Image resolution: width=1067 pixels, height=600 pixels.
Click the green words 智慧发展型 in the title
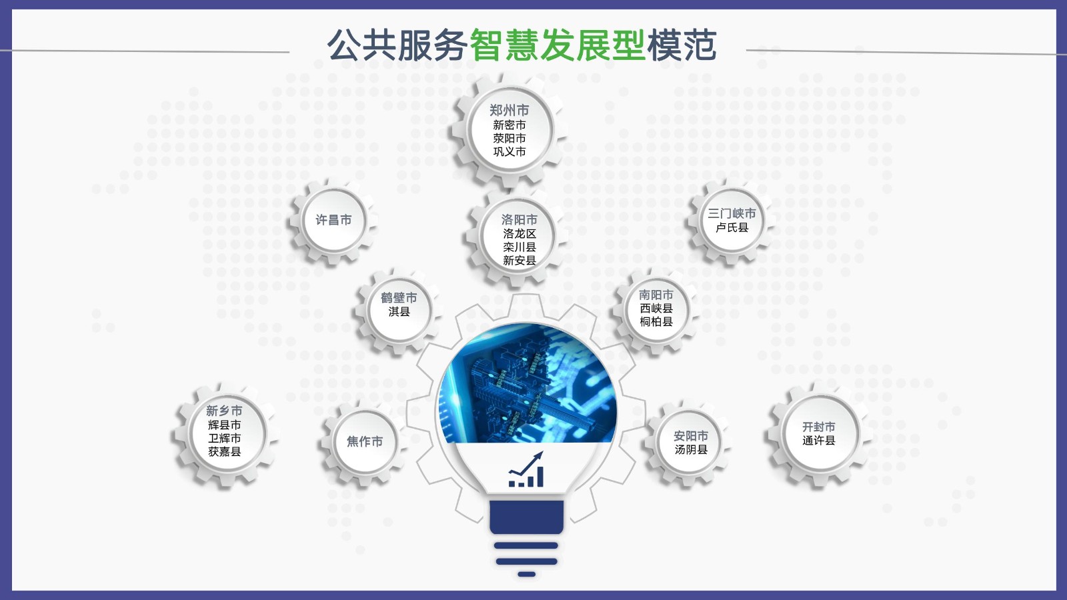558,45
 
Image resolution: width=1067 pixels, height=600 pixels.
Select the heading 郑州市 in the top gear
509,111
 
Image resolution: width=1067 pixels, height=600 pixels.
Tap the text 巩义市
509,151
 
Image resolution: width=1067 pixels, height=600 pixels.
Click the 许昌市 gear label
333,219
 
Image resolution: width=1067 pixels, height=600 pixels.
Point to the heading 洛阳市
519,219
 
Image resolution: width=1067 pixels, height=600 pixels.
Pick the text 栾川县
519,247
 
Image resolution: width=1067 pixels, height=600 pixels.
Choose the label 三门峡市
732,213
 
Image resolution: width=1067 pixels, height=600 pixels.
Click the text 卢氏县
732,227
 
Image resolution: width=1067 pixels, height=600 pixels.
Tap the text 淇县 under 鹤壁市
399,311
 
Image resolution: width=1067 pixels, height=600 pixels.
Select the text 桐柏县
656,322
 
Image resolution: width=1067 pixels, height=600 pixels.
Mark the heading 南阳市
656,295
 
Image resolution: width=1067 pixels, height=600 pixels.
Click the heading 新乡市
224,411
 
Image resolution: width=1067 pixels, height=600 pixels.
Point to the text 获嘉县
224,451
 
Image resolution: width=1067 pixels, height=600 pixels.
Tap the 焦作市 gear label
364,441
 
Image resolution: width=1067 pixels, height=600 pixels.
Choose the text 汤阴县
691,449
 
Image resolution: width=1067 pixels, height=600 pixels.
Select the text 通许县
818,441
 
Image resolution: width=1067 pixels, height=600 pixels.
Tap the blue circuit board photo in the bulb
527,383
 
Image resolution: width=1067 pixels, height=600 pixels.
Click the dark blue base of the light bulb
526,517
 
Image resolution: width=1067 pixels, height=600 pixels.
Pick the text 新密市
509,125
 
